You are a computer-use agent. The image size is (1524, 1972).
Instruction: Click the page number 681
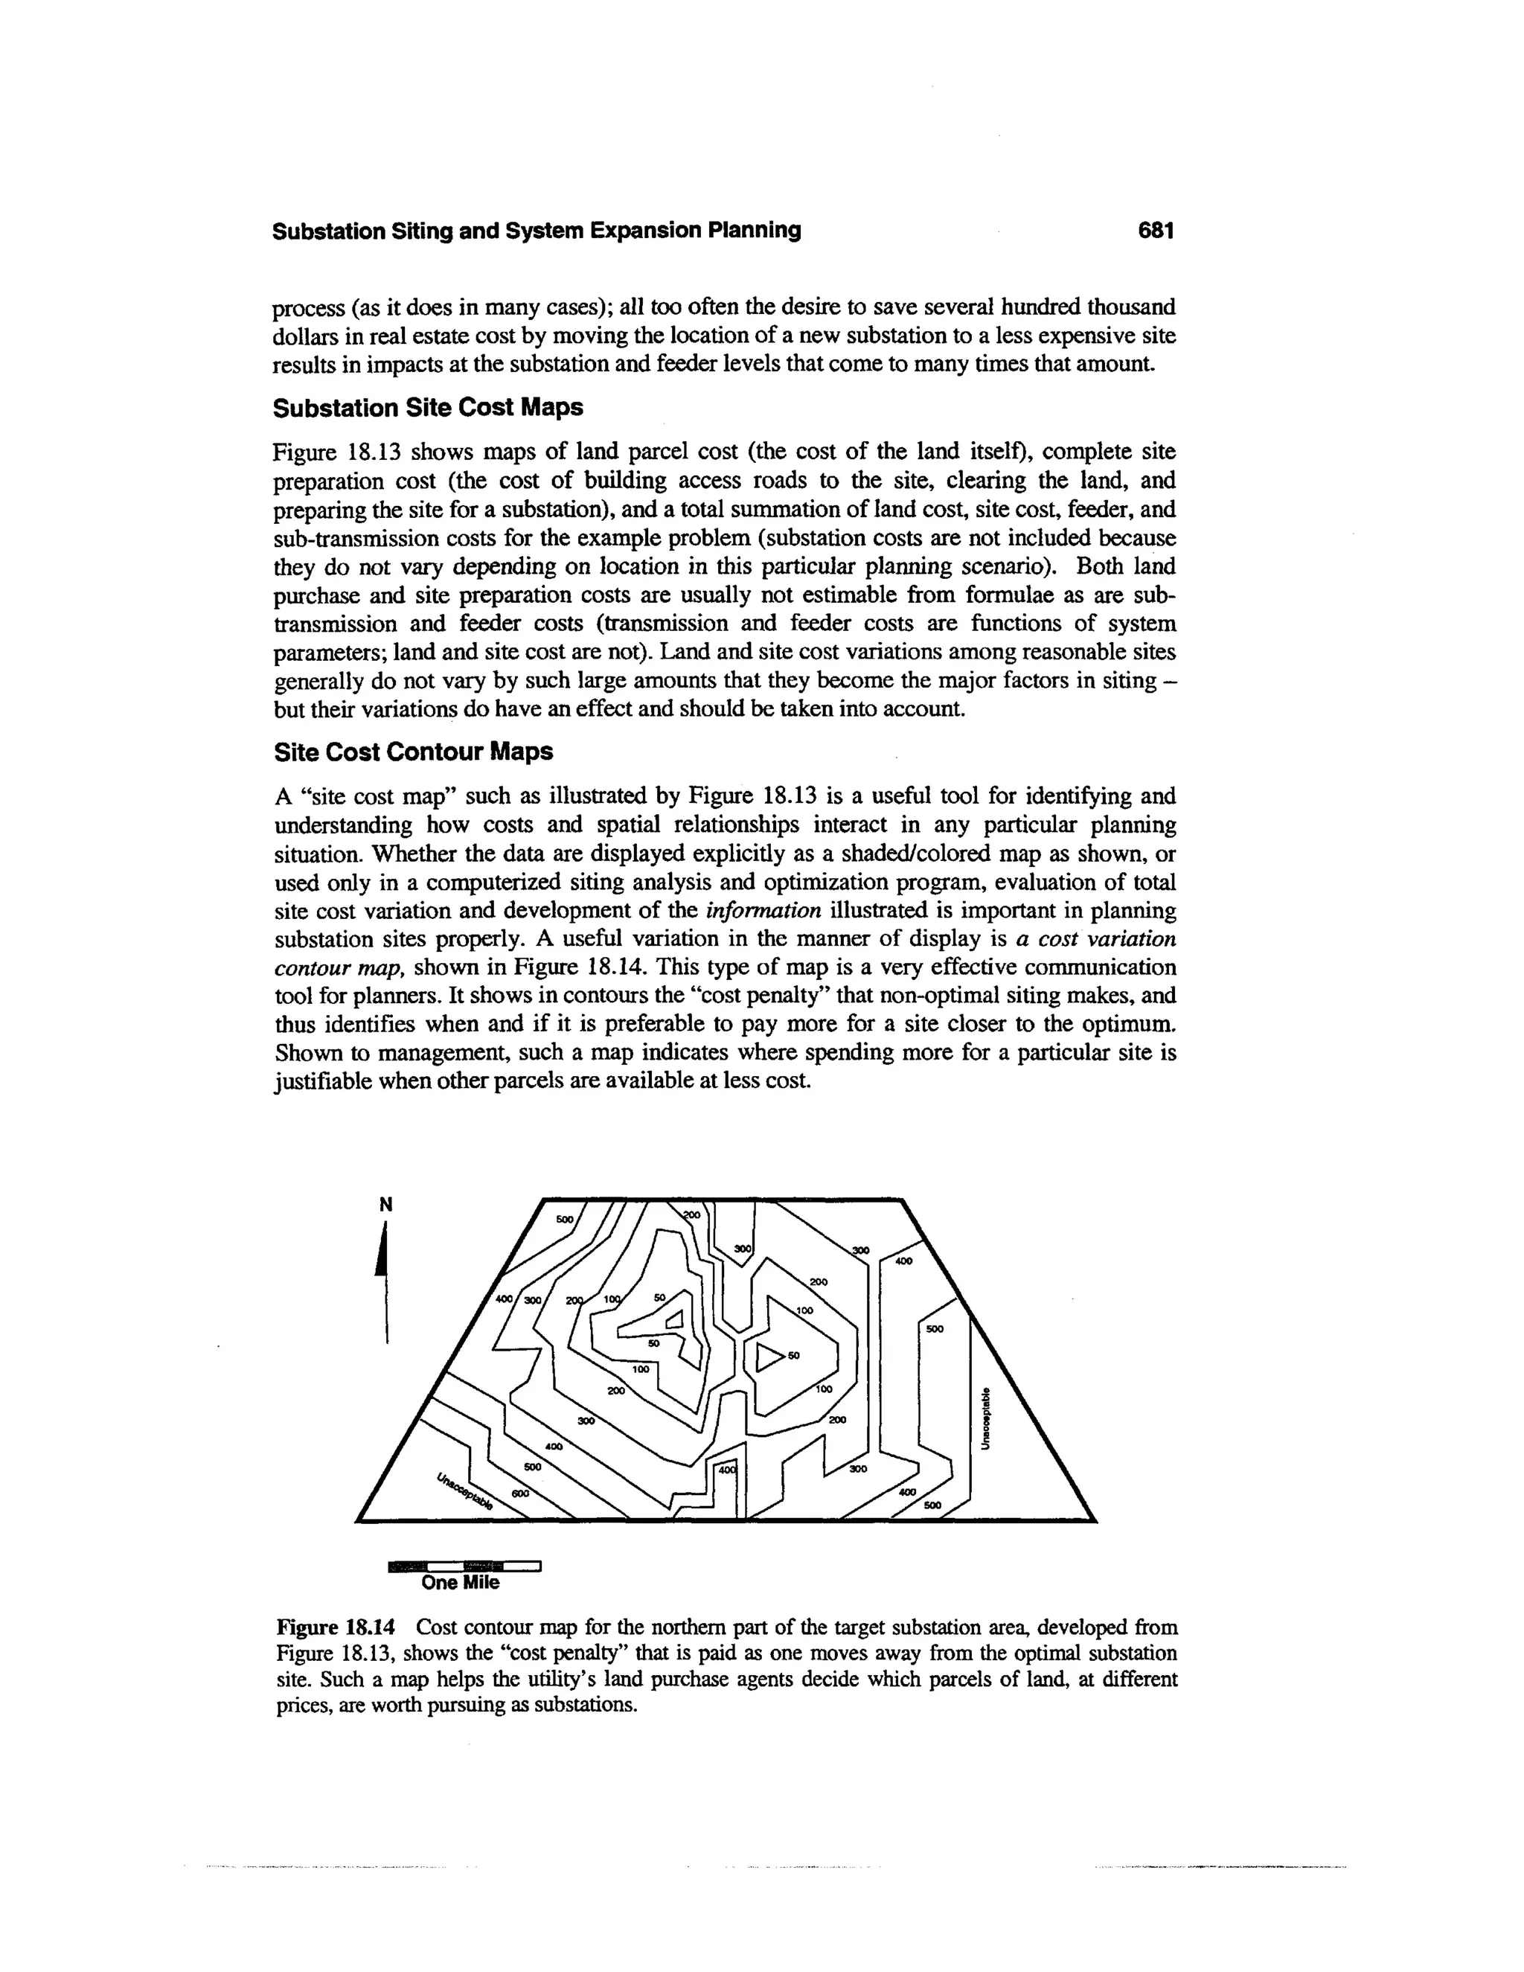pyautogui.click(x=1155, y=231)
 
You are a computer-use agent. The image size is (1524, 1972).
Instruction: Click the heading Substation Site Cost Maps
pyautogui.click(x=428, y=408)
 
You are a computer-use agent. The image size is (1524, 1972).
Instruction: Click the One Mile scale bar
pyautogui.click(x=463, y=1566)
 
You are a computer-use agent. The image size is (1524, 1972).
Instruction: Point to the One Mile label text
pyautogui.click(x=461, y=1583)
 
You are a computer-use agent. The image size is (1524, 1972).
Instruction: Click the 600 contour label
pyautogui.click(x=520, y=1494)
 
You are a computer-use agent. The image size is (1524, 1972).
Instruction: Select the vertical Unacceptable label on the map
pyautogui.click(x=987, y=1418)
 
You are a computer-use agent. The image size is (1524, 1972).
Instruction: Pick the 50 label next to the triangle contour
pyautogui.click(x=793, y=1356)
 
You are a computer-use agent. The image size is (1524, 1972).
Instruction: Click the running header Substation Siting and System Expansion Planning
pyautogui.click(x=537, y=231)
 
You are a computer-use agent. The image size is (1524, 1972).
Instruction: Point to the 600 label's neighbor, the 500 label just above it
pyautogui.click(x=533, y=1467)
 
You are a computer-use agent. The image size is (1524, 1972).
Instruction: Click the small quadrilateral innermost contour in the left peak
pyautogui.click(x=673, y=1322)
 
